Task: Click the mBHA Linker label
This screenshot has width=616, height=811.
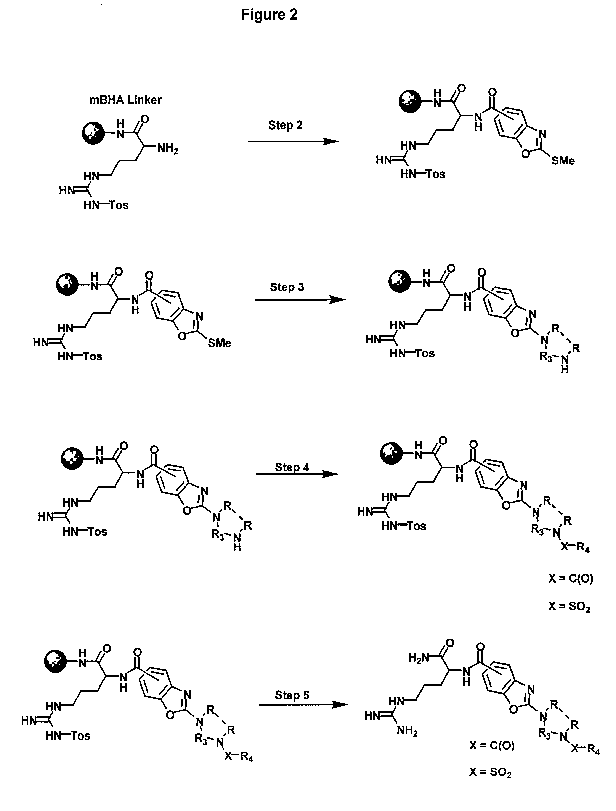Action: coord(125,100)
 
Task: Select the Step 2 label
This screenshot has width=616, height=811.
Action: coord(285,125)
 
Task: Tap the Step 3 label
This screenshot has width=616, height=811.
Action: coord(287,287)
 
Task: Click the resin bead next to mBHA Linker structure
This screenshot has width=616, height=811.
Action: coord(93,133)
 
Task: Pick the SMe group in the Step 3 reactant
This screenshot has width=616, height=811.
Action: coord(219,343)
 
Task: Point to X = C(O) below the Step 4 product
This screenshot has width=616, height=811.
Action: coord(571,578)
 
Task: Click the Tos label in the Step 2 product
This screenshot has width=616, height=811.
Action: coord(436,174)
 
